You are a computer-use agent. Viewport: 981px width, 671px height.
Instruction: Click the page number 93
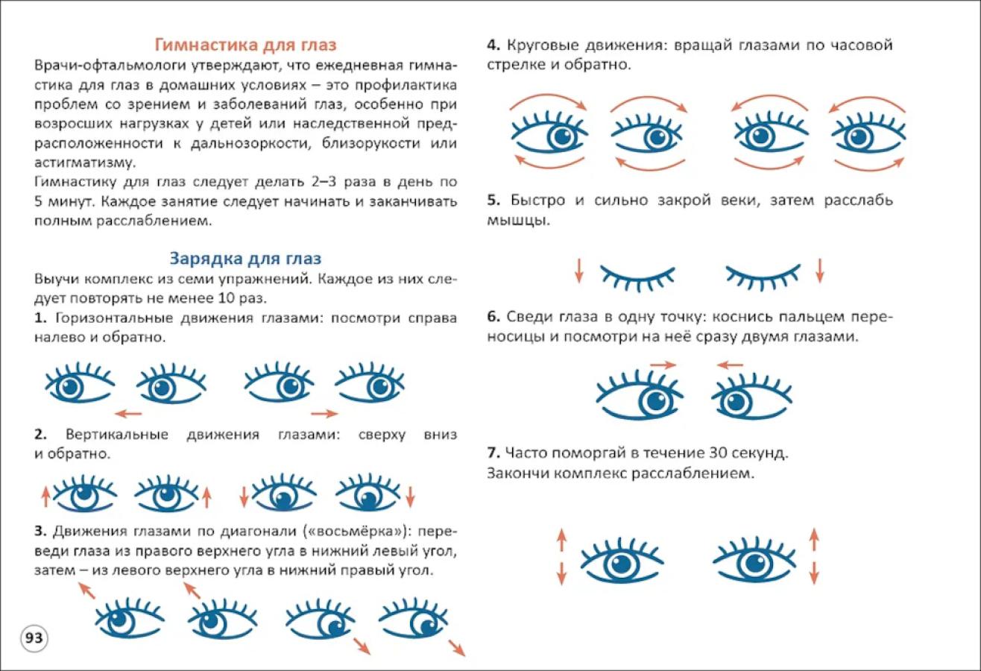click(x=34, y=637)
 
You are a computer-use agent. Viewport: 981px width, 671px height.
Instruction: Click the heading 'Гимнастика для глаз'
click(x=246, y=45)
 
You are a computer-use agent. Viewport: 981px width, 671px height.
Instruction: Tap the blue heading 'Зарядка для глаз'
click(x=245, y=259)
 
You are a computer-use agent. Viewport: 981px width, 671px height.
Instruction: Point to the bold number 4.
click(x=493, y=45)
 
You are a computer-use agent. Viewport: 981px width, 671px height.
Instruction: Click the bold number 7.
click(x=493, y=453)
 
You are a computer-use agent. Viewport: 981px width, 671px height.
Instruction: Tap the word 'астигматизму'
click(x=85, y=163)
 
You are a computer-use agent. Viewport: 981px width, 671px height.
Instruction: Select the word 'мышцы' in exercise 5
click(x=518, y=220)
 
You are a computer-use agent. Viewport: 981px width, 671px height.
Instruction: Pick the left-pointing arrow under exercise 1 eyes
click(x=128, y=414)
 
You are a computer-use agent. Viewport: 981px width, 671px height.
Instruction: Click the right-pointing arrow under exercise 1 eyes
click(x=324, y=414)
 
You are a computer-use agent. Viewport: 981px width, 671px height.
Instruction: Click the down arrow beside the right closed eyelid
click(x=820, y=271)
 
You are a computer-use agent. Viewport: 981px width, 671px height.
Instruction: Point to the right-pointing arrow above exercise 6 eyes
click(x=663, y=365)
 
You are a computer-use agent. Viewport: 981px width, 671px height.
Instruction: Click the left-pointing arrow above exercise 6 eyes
click(x=730, y=365)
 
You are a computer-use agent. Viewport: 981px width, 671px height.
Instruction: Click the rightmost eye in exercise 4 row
click(x=868, y=132)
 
